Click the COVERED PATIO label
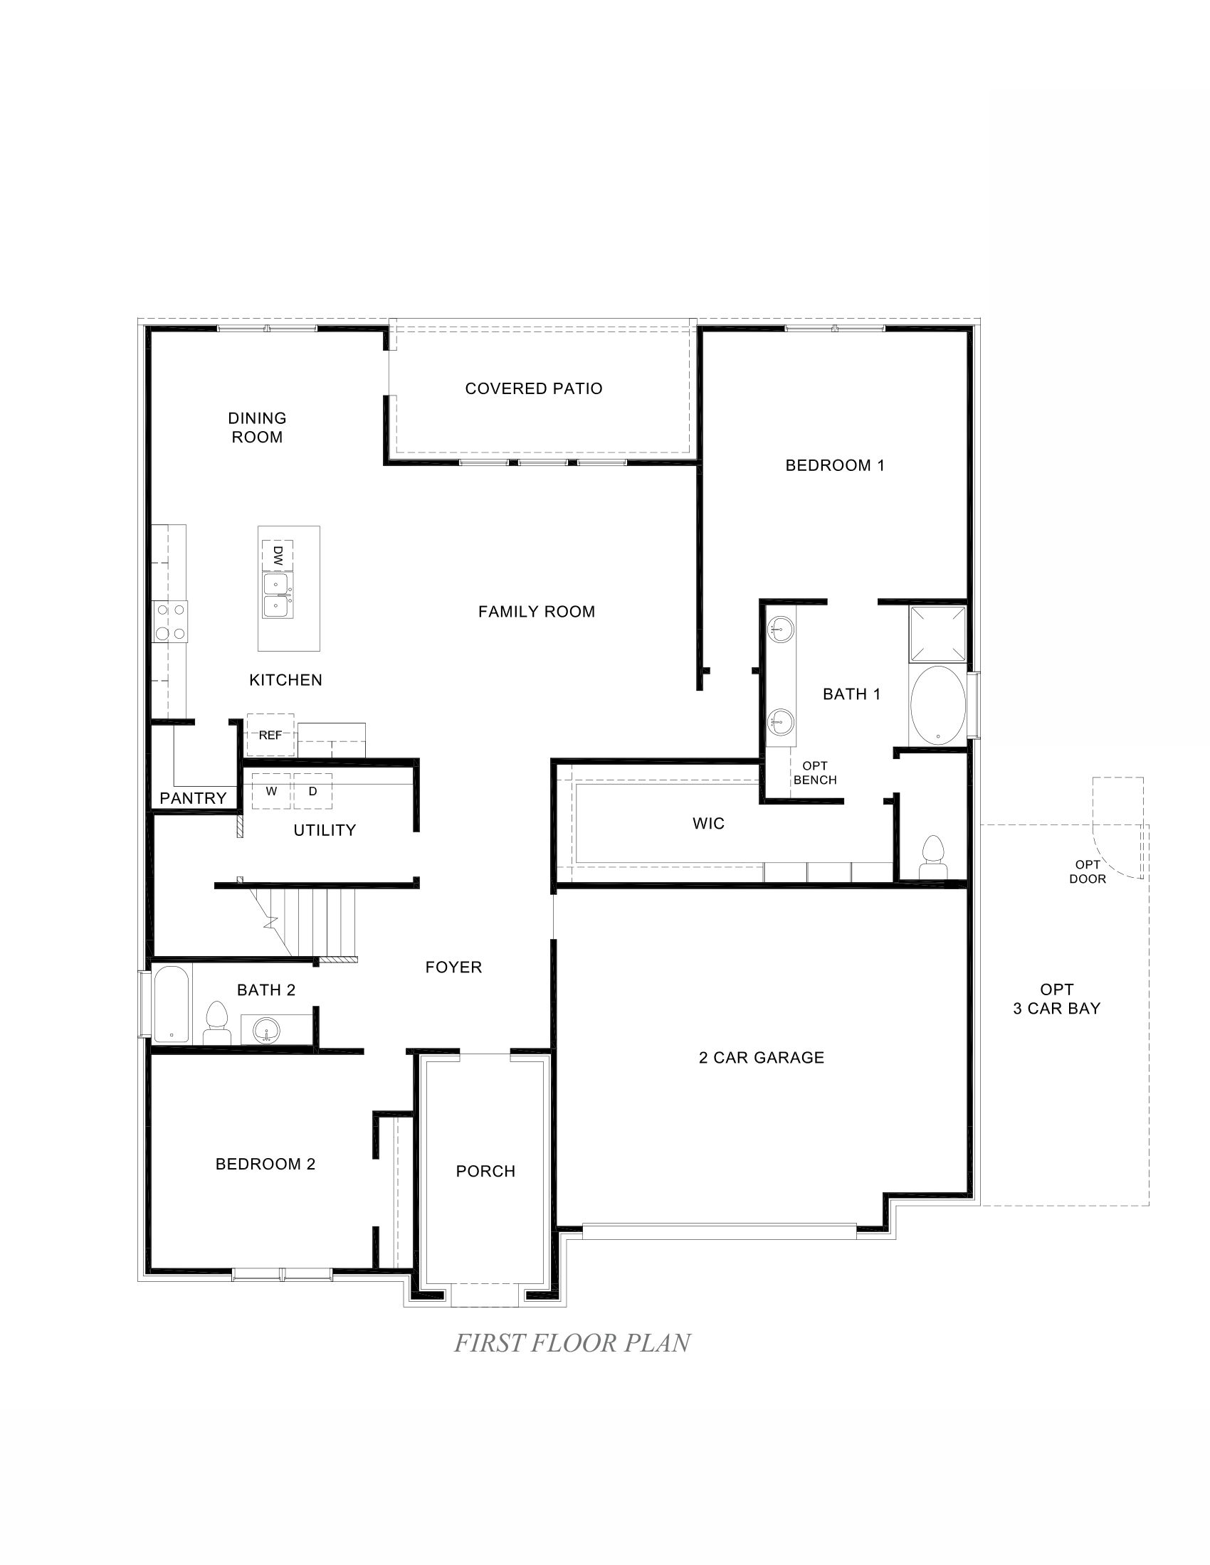tap(533, 388)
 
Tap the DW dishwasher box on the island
tap(278, 555)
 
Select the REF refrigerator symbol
tap(270, 735)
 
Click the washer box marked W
tap(271, 791)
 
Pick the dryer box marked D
tap(312, 791)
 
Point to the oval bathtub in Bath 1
tap(937, 706)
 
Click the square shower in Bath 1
tap(937, 633)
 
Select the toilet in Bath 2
tap(216, 1022)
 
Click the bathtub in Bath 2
tap(172, 1004)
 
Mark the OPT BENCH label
tap(815, 773)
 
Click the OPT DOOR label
tap(1088, 872)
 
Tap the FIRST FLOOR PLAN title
tap(572, 1343)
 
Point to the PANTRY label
tap(193, 798)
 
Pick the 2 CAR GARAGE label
tap(762, 1058)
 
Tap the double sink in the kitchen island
tap(278, 595)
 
